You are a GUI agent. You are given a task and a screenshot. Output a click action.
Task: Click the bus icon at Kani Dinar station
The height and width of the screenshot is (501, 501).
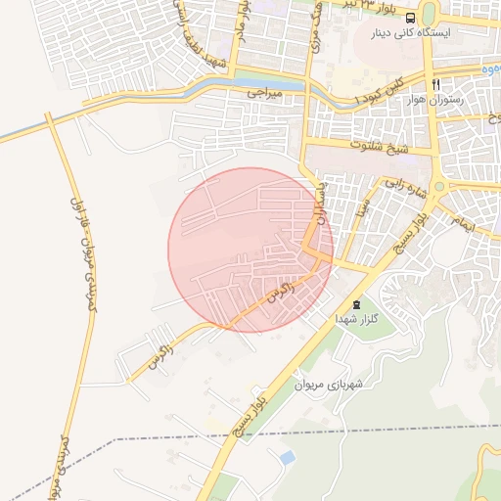409,18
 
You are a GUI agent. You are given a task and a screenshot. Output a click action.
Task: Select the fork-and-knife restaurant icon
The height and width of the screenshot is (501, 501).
435,84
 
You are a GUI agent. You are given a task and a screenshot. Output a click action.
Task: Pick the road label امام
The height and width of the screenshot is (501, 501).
464,222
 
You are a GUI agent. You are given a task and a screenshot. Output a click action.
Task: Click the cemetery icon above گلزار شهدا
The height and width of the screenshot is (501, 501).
356,306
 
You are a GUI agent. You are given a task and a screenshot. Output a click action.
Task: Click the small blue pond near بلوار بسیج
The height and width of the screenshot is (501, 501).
286,457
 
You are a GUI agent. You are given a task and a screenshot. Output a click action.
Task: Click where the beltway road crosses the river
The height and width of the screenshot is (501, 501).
48,118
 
